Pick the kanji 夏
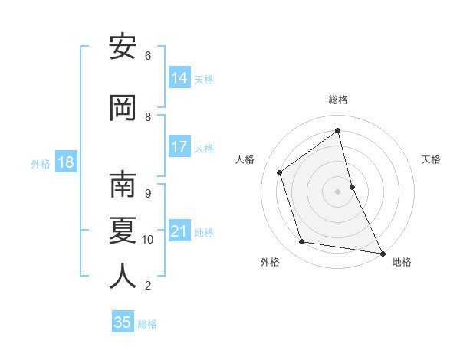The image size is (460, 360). pyautogui.click(x=123, y=230)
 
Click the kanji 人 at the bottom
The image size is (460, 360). pyautogui.click(x=123, y=276)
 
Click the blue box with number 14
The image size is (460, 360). pyautogui.click(x=179, y=78)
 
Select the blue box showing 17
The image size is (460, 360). pyautogui.click(x=179, y=147)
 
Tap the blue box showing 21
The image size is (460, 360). pyautogui.click(x=179, y=231)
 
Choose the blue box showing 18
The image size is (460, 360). pyautogui.click(x=65, y=162)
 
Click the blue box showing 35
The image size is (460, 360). pyautogui.click(x=123, y=322)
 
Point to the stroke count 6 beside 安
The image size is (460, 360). pyautogui.click(x=148, y=55)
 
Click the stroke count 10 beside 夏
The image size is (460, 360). pyautogui.click(x=148, y=240)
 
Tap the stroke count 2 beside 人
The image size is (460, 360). pyautogui.click(x=147, y=286)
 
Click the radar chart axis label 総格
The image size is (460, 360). pyautogui.click(x=338, y=100)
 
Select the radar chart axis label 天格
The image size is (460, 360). pyautogui.click(x=431, y=159)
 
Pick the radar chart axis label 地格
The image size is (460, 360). pyautogui.click(x=402, y=262)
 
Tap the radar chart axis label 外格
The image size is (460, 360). pyautogui.click(x=270, y=262)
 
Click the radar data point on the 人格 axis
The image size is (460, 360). pyautogui.click(x=280, y=172)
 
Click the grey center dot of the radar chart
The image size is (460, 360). pyautogui.click(x=338, y=191)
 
